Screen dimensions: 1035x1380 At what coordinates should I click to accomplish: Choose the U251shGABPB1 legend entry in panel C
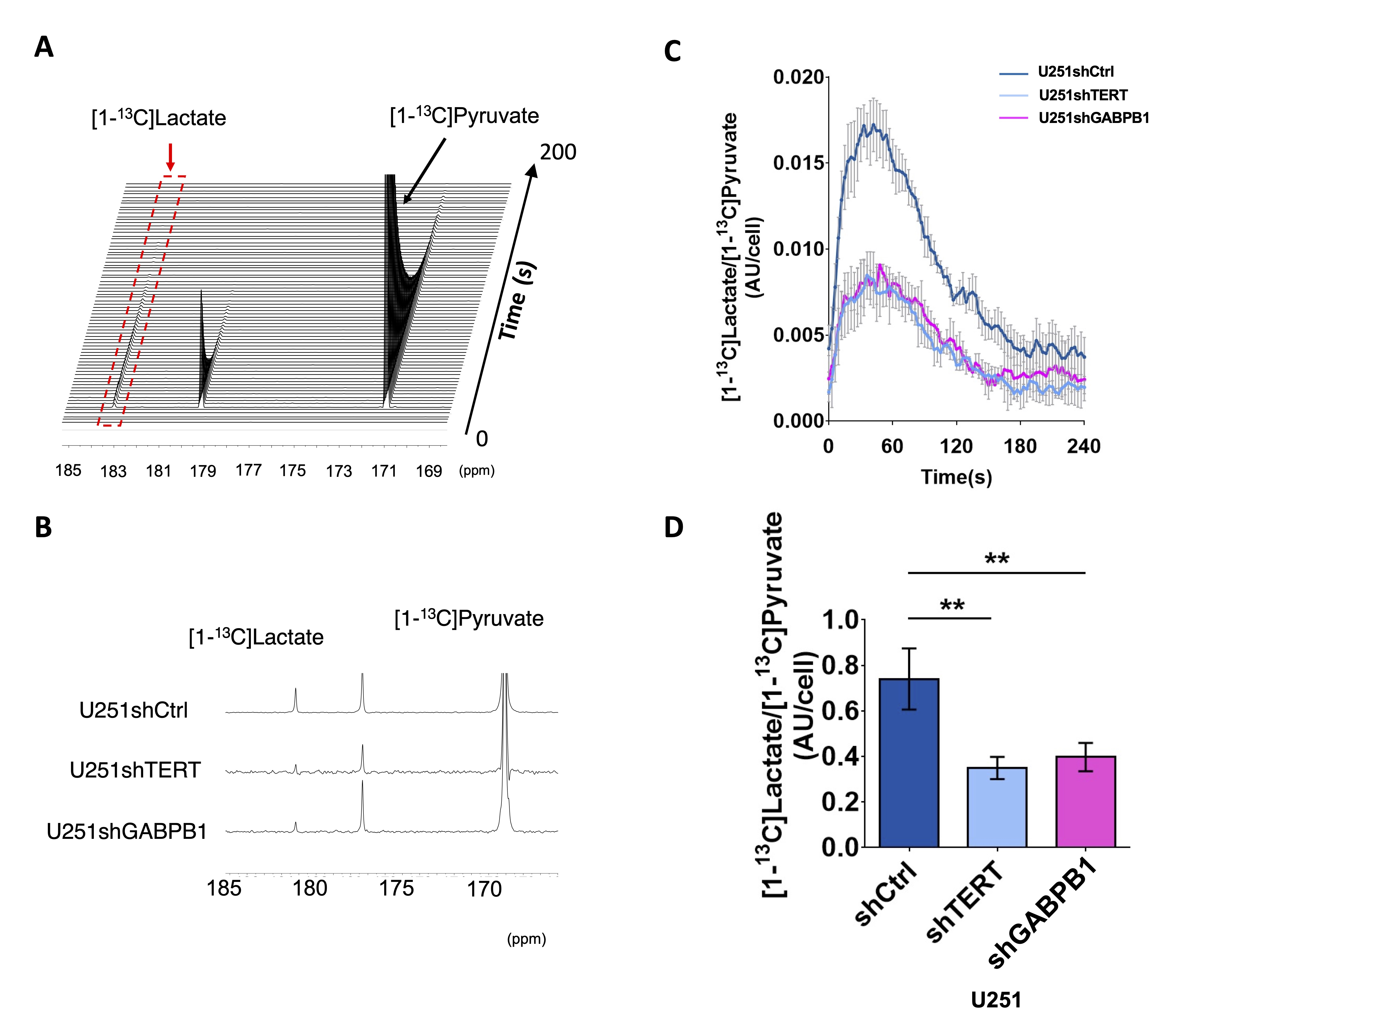point(1093,118)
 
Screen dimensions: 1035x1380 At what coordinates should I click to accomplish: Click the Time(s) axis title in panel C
point(956,477)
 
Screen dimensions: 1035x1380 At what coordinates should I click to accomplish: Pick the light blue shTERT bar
point(997,808)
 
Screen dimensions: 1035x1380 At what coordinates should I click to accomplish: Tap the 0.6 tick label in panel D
point(840,711)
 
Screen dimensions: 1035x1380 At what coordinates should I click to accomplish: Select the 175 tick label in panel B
point(397,888)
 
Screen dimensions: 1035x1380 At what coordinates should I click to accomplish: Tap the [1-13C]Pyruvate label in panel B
point(469,618)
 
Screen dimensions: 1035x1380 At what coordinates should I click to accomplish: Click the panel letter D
point(674,527)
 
